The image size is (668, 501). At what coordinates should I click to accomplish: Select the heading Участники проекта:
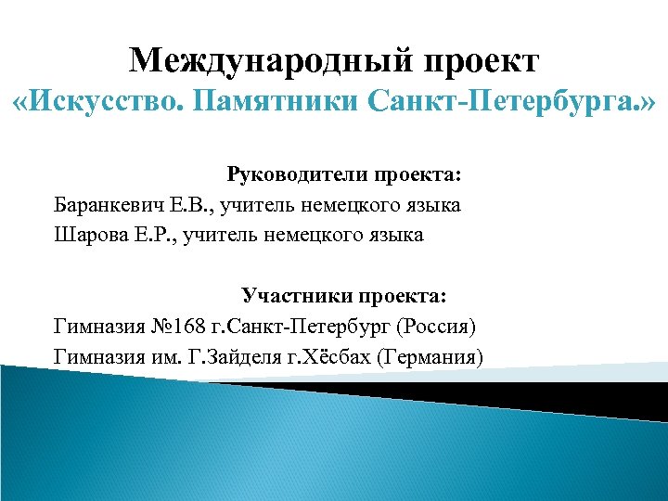[x=344, y=296]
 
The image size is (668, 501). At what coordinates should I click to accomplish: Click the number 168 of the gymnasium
[x=186, y=327]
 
